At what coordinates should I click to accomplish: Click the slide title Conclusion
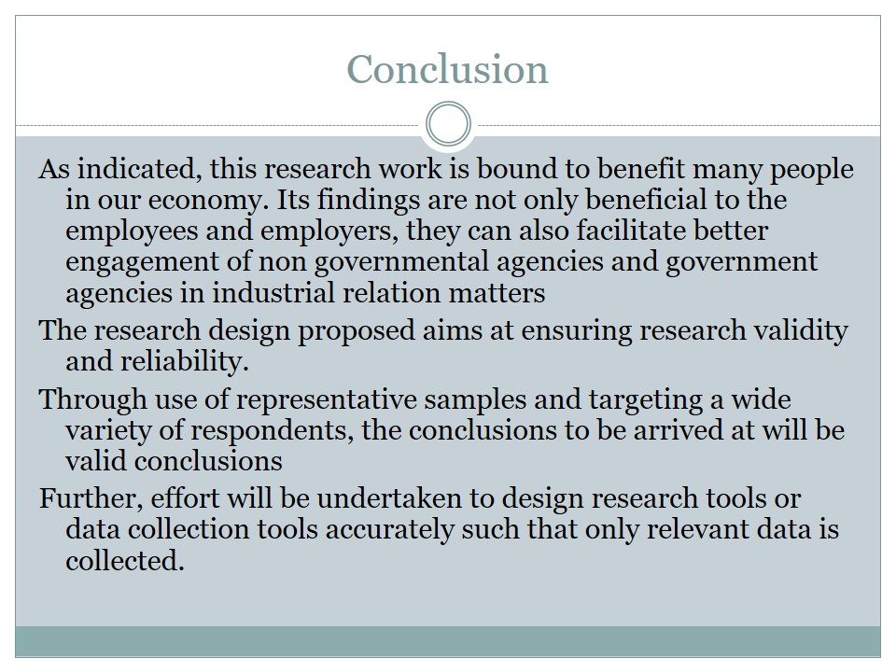447,69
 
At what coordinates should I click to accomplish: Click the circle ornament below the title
449,104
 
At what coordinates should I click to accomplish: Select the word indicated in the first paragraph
139,169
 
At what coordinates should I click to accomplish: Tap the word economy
208,200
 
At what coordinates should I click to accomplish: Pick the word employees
132,231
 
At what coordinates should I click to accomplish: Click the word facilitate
631,231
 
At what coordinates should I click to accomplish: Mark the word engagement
142,261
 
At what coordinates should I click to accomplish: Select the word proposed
356,330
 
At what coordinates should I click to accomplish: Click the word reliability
185,361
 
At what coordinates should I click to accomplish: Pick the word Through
93,399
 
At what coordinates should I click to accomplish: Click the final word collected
124,560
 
